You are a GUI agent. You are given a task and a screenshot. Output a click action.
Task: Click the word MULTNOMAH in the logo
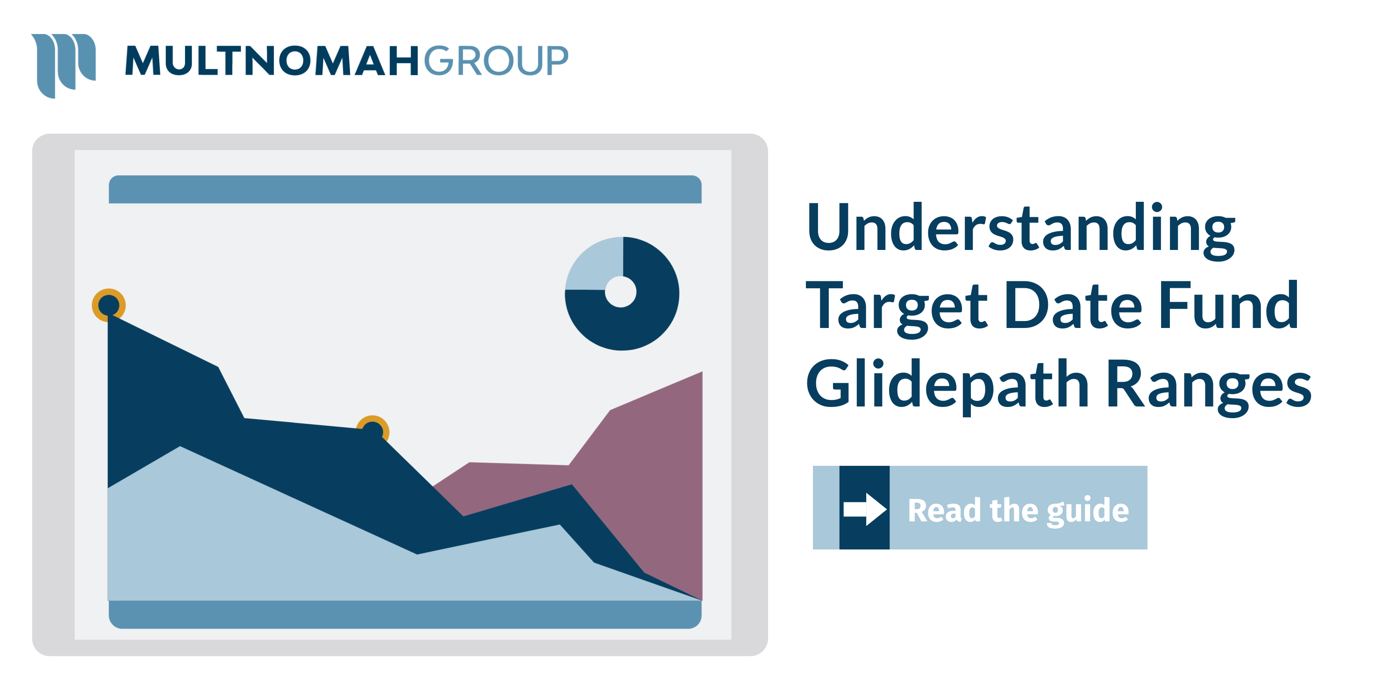[271, 61]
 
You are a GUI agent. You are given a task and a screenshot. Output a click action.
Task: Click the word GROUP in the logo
[496, 61]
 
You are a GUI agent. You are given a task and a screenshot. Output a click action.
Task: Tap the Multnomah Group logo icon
[63, 64]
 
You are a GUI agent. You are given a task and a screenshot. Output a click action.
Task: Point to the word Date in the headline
[1073, 306]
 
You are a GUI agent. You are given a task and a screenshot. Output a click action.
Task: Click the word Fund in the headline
[1229, 306]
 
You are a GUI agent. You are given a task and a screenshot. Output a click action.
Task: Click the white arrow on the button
[864, 509]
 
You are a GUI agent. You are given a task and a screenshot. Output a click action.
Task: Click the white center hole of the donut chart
[621, 292]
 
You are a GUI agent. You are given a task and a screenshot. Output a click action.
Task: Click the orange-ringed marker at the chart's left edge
[109, 305]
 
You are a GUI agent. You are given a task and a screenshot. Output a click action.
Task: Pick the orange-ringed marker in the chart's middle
[372, 431]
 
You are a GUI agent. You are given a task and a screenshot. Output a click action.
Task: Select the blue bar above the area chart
[405, 189]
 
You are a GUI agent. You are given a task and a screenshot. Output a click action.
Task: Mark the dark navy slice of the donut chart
[644, 322]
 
